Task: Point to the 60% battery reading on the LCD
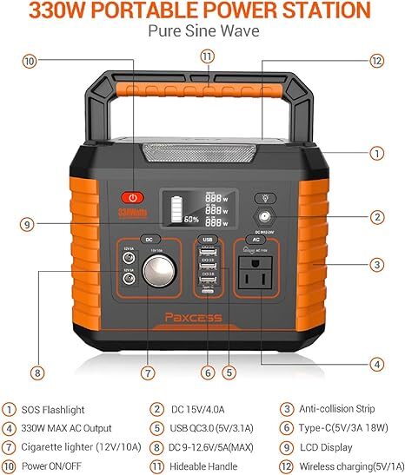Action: (192, 219)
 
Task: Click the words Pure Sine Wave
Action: (202, 30)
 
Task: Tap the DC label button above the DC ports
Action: (149, 239)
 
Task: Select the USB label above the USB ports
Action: (207, 239)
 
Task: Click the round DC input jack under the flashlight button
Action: (262, 217)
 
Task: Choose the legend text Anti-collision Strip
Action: (340, 409)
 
